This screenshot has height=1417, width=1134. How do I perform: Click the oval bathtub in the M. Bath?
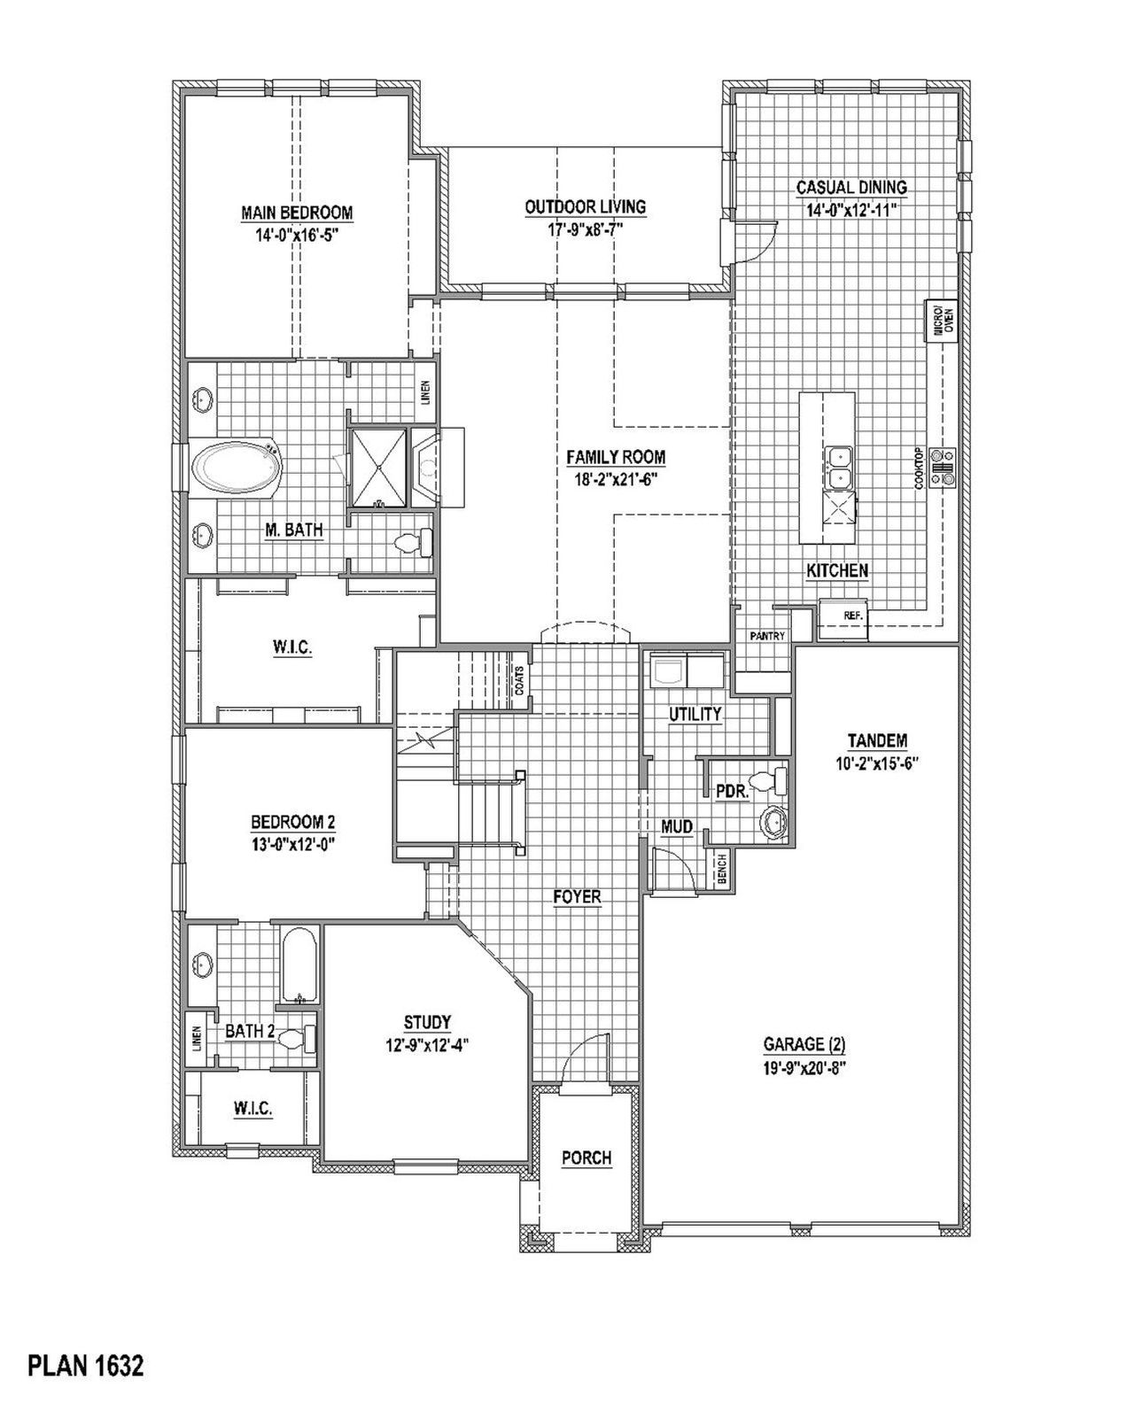click(236, 468)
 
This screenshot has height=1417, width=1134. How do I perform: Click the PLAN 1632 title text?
click(85, 1367)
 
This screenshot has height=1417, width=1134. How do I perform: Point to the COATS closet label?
click(521, 680)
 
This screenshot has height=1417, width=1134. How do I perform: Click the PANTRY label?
click(766, 636)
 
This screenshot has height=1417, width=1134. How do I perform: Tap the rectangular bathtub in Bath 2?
click(300, 965)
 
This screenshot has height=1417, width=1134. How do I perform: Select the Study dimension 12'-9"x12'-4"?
click(426, 1044)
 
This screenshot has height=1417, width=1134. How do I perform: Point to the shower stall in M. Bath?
click(378, 468)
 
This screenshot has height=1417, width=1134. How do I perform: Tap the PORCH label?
click(586, 1158)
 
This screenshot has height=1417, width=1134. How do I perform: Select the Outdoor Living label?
click(585, 206)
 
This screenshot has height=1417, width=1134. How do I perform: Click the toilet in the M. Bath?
click(412, 542)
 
